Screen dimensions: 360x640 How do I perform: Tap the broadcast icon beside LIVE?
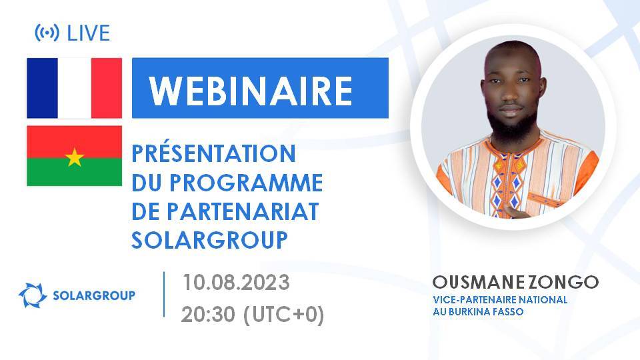[47, 32]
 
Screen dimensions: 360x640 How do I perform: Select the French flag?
[74, 88]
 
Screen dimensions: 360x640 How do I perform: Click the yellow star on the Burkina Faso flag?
[75, 157]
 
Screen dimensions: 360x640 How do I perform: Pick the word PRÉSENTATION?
[213, 153]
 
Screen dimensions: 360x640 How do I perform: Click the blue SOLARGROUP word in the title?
[210, 240]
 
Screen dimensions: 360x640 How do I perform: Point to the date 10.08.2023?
[236, 283]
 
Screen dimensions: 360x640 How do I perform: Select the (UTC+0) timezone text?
[283, 314]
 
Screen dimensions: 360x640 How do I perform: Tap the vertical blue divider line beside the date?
[165, 294]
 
